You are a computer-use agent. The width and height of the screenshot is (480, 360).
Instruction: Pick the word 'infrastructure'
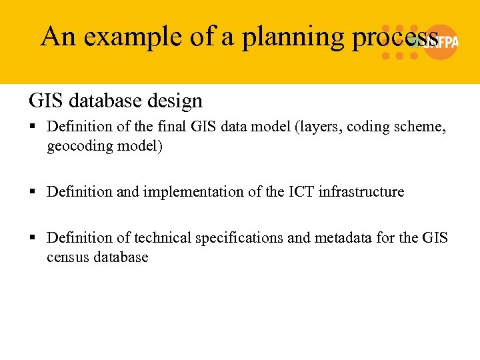(x=361, y=192)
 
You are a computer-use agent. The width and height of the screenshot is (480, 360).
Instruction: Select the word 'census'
(x=67, y=257)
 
